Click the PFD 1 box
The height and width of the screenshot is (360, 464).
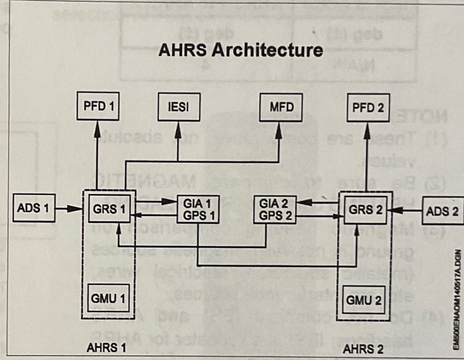click(98, 106)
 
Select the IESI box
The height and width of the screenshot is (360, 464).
click(179, 107)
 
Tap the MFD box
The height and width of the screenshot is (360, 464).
click(281, 107)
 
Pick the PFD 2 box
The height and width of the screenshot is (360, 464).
click(368, 108)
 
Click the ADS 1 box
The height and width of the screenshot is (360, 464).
click(34, 208)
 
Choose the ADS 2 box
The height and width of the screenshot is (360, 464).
click(442, 211)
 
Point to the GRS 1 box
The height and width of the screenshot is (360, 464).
click(109, 209)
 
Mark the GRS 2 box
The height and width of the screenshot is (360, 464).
click(365, 210)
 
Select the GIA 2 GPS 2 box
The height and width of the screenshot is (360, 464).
click(275, 210)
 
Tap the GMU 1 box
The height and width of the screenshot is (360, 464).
click(108, 298)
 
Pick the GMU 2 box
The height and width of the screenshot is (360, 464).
click(363, 300)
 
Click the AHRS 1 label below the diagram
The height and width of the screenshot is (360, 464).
click(106, 347)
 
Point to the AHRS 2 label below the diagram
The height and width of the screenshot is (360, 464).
click(363, 349)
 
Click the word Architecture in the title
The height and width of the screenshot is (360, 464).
click(267, 50)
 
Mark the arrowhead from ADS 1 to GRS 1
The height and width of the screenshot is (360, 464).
click(74, 208)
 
